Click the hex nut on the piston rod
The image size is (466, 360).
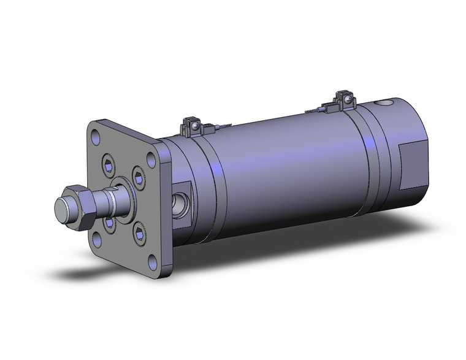(x=78, y=207)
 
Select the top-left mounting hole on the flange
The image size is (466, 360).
(x=95, y=132)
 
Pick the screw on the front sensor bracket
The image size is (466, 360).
(x=194, y=126)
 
